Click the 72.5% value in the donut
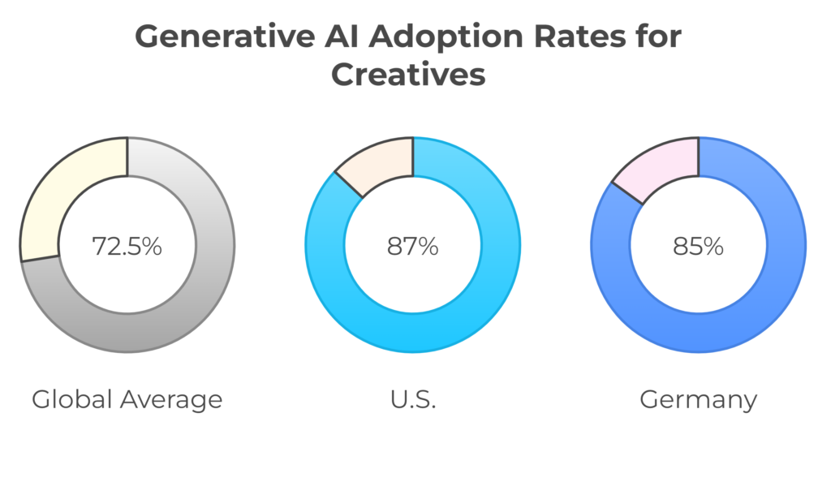[x=127, y=246]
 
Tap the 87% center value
[x=412, y=246]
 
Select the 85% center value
[x=698, y=246]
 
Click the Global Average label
[x=127, y=399]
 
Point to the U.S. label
[x=412, y=399]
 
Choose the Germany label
[x=698, y=399]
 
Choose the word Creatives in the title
[x=410, y=75]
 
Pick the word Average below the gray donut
[x=170, y=400]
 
